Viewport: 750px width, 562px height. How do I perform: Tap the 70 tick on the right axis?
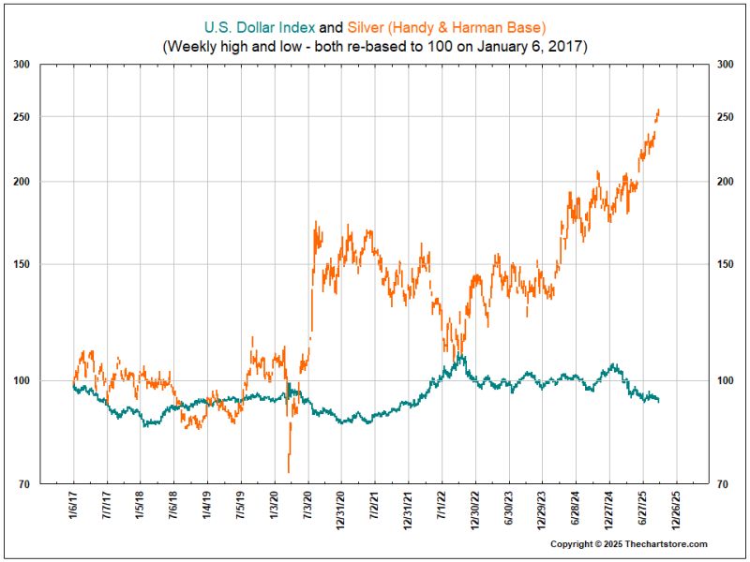(x=721, y=484)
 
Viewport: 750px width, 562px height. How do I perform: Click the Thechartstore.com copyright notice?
(x=628, y=544)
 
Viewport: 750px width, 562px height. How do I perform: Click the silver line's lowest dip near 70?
(x=289, y=471)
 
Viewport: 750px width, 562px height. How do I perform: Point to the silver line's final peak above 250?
(x=659, y=110)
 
